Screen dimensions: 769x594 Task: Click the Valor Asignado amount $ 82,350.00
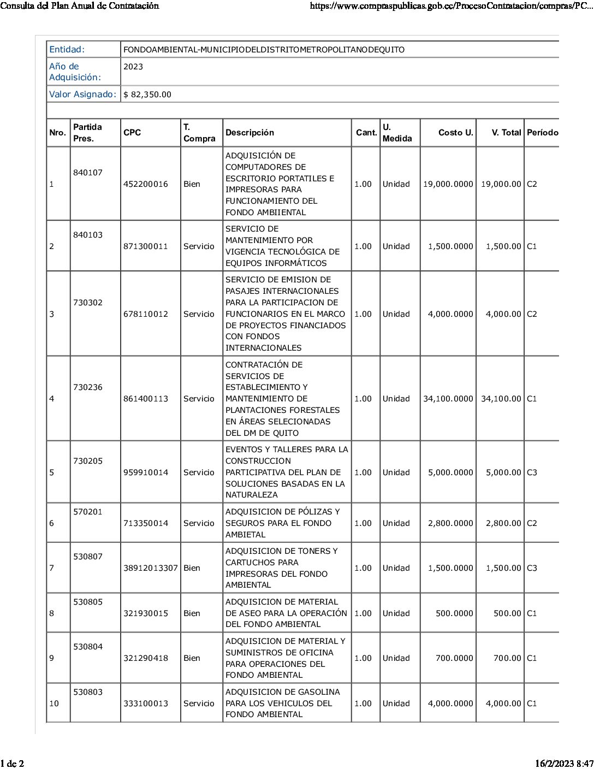pos(147,94)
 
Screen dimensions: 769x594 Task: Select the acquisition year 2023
pos(133,67)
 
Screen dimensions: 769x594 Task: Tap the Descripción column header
pos(250,133)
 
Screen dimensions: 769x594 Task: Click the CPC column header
pos(132,133)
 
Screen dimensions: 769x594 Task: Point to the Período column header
pos(542,133)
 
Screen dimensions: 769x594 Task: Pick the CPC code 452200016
pos(146,184)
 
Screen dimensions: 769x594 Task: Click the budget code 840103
pos(88,235)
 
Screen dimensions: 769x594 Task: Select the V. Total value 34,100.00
pos(501,399)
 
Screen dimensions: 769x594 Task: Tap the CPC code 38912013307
pos(150,568)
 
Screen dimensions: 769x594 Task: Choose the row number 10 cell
pos(54,703)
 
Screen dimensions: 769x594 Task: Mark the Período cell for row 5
pos(532,472)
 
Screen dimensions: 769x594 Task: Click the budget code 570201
pos(88,512)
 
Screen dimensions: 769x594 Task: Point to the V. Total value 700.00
pos(507,658)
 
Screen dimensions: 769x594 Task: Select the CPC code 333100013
pos(146,703)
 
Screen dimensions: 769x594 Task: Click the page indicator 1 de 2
pos(12,763)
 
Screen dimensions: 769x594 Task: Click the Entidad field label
pos(67,50)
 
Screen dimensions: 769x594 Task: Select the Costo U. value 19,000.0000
pos(448,184)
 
